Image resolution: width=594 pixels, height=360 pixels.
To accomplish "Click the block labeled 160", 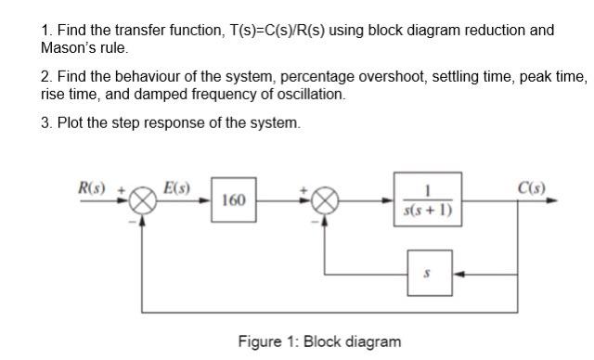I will tap(235, 200).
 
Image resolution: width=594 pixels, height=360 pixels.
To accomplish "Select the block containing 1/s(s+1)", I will tap(425, 200).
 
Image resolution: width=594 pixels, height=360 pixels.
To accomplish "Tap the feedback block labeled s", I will tap(426, 274).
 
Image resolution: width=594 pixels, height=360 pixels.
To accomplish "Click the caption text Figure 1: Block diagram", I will tap(319, 341).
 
